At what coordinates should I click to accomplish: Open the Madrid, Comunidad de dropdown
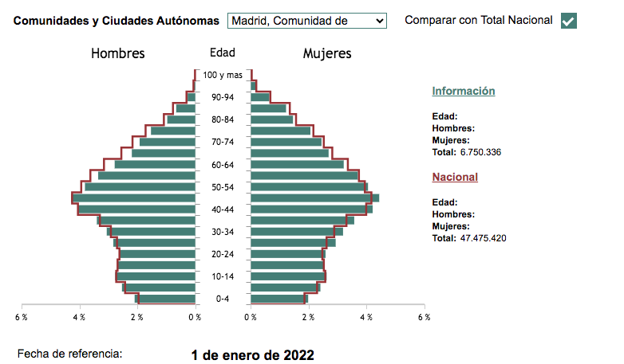(306, 21)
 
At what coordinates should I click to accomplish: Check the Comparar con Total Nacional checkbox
(569, 22)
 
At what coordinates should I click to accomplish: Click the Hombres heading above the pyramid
(118, 54)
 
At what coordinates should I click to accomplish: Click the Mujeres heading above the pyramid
(327, 54)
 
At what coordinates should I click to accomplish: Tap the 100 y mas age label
(223, 75)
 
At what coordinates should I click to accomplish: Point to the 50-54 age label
(223, 187)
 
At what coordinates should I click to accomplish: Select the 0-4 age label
(223, 299)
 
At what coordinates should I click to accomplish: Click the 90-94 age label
(223, 97)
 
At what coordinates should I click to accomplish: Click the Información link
(464, 91)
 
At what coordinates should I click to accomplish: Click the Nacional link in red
(455, 177)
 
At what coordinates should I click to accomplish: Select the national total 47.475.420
(484, 238)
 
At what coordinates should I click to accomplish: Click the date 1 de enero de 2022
(252, 355)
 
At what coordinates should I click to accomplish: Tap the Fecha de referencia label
(70, 352)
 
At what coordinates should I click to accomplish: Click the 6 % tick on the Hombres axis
(22, 317)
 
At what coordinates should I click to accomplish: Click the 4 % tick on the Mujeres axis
(366, 317)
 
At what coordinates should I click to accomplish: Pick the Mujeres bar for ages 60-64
(297, 165)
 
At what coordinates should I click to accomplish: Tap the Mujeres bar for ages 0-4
(277, 299)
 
